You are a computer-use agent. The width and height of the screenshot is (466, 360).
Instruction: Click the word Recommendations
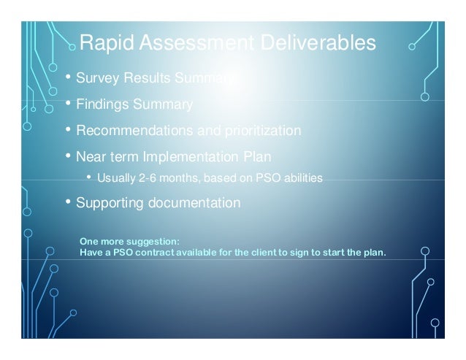[133, 131]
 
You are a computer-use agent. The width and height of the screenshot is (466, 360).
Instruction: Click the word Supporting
[110, 202]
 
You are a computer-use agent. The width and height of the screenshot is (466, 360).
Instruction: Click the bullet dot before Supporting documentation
[68, 202]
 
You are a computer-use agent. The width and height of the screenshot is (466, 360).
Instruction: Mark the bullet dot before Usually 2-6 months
[89, 177]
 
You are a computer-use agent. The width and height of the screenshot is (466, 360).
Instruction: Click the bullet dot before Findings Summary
[68, 104]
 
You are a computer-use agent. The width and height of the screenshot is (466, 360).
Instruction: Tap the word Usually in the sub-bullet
[114, 178]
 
